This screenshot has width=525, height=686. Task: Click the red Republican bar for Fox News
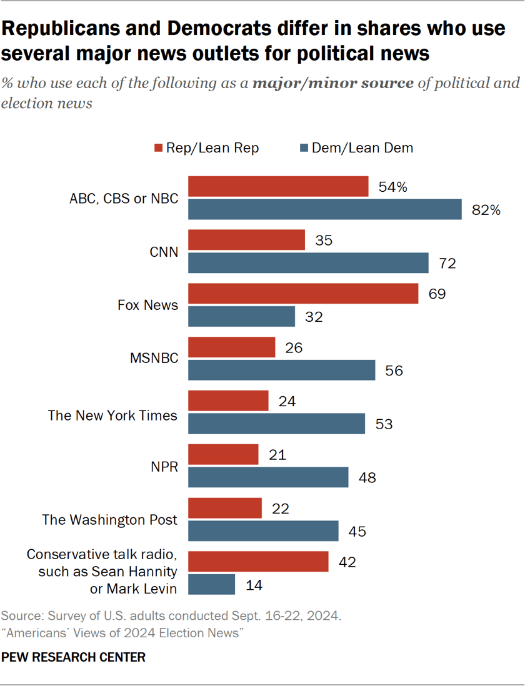[x=303, y=294]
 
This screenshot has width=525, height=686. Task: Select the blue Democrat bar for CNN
[x=308, y=263]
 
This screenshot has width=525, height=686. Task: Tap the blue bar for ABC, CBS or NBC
[x=325, y=210]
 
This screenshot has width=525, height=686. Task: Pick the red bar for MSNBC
[x=232, y=347]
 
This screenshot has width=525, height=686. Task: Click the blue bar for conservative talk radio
[x=212, y=584]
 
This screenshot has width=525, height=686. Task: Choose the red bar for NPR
[x=223, y=454]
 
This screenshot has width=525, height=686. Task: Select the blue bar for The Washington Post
[x=263, y=531]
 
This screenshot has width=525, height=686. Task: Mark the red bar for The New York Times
[x=228, y=401]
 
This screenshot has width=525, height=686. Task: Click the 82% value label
[x=486, y=211]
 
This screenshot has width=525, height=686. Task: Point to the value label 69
[x=436, y=294]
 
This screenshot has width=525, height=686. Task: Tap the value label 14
[x=254, y=585]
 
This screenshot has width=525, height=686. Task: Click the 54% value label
[x=392, y=186]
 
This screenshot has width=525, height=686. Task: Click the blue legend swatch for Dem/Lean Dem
[x=305, y=148]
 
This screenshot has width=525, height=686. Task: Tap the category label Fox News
[x=148, y=306]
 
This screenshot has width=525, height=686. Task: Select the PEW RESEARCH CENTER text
[x=74, y=657]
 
